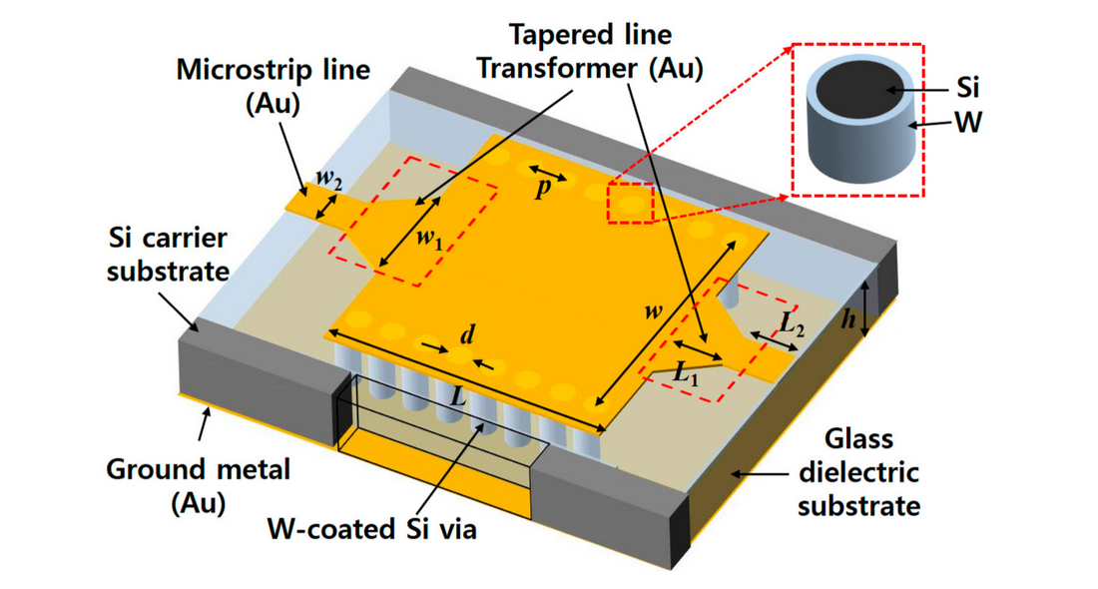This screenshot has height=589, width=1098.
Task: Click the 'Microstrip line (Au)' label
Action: (x=273, y=86)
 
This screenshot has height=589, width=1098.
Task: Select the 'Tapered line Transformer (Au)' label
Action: (x=589, y=52)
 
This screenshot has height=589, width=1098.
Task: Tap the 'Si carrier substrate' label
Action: (x=168, y=255)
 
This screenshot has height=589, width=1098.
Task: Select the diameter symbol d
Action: (x=466, y=334)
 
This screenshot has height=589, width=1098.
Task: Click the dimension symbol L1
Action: (x=686, y=376)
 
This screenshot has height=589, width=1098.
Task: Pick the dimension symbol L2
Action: (x=789, y=322)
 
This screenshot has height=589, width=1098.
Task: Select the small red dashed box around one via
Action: (x=630, y=203)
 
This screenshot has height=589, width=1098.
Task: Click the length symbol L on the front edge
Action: (x=458, y=393)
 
